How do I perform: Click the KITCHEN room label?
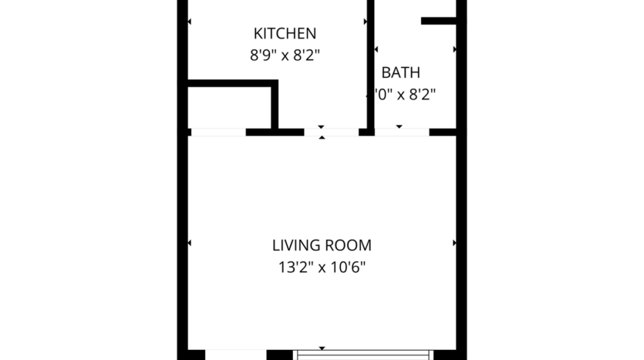pyautogui.click(x=285, y=33)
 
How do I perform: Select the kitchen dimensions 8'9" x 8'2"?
pyautogui.click(x=285, y=55)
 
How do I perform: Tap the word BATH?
pyautogui.click(x=401, y=73)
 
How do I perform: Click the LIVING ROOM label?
pyautogui.click(x=322, y=246)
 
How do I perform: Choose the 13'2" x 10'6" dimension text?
pyautogui.click(x=322, y=268)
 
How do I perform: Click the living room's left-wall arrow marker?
pyautogui.click(x=191, y=243)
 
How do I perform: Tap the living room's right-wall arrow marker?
pyautogui.click(x=454, y=243)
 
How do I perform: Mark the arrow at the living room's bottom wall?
pyautogui.click(x=322, y=348)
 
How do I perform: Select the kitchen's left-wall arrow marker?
pyautogui.click(x=191, y=21)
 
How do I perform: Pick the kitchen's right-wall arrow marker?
pyautogui.click(x=365, y=21)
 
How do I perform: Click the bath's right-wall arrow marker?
pyautogui.click(x=454, y=49)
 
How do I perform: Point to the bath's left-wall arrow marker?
pyautogui.click(x=376, y=49)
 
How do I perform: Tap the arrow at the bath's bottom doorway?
pyautogui.click(x=400, y=126)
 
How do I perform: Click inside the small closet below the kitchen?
pyautogui.click(x=230, y=108)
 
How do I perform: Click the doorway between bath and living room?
pyautogui.click(x=402, y=132)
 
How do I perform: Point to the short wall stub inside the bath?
pyautogui.click(x=439, y=21)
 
